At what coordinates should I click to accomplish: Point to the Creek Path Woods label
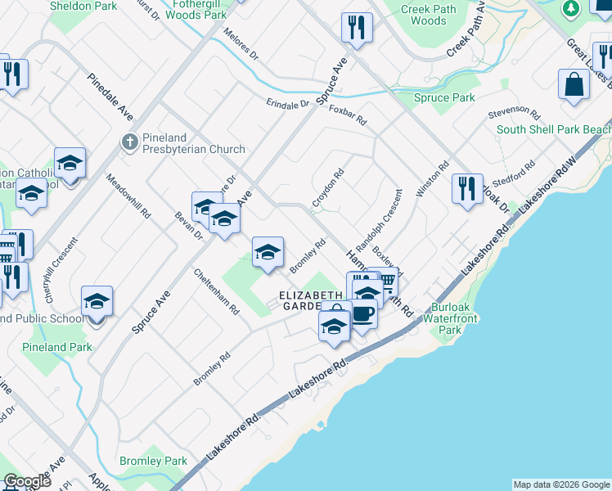click(x=424, y=15)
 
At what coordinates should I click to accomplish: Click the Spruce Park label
click(x=445, y=97)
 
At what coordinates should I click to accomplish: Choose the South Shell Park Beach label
click(x=554, y=129)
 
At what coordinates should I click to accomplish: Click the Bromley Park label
click(x=153, y=462)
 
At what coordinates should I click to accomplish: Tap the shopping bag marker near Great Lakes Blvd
click(x=574, y=85)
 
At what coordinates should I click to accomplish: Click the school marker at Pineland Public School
click(x=97, y=302)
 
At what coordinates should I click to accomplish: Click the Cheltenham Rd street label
click(x=217, y=292)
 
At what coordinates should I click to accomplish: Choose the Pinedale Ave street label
click(x=110, y=97)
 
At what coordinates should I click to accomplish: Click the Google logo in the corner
click(x=27, y=481)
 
